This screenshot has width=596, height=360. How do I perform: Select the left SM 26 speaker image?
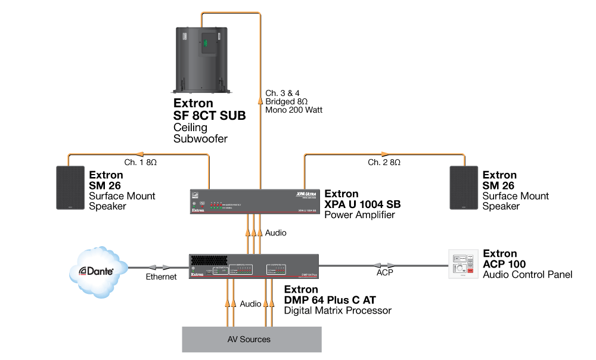pos(70,188)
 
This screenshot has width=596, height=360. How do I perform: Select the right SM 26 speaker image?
pos(464,188)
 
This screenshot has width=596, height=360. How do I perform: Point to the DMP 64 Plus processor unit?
pos(254,267)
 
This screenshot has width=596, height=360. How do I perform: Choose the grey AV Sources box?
pos(252,339)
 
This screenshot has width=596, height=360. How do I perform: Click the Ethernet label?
pos(162,277)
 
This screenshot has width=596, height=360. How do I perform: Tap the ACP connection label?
pos(384,274)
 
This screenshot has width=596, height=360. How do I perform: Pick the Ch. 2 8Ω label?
pos(384,162)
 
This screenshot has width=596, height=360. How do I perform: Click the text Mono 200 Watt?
pos(294,110)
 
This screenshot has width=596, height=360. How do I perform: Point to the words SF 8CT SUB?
pos(209,116)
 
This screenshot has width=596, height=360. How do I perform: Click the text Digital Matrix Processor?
pos(337,311)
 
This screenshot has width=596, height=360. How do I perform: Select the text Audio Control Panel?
pos(527,275)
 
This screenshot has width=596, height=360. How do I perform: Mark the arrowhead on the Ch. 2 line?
pos(384,154)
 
